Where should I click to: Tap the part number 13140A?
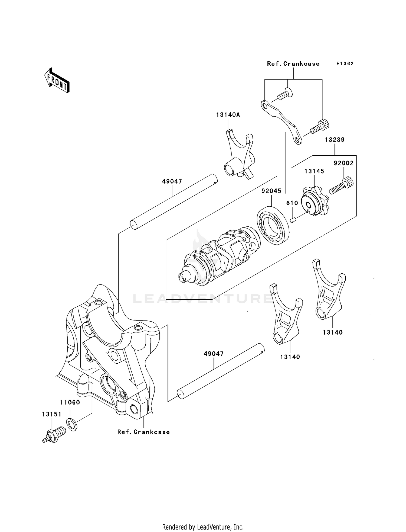pyautogui.click(x=228, y=115)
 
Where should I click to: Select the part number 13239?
pyautogui.click(x=335, y=140)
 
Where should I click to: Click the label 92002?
pyautogui.click(x=343, y=163)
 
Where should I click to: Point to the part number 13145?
pyautogui.click(x=314, y=171)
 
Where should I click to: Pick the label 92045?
pyautogui.click(x=271, y=191)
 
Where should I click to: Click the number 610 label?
pyautogui.click(x=292, y=203)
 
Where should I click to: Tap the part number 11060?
pyautogui.click(x=70, y=402)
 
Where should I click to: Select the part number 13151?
pyautogui.click(x=51, y=414)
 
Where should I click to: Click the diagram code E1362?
pyautogui.click(x=345, y=64)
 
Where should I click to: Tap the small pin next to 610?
pyautogui.click(x=292, y=220)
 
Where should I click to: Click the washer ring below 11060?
pyautogui.click(x=72, y=424)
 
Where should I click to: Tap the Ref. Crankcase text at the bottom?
pyautogui.click(x=143, y=432)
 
